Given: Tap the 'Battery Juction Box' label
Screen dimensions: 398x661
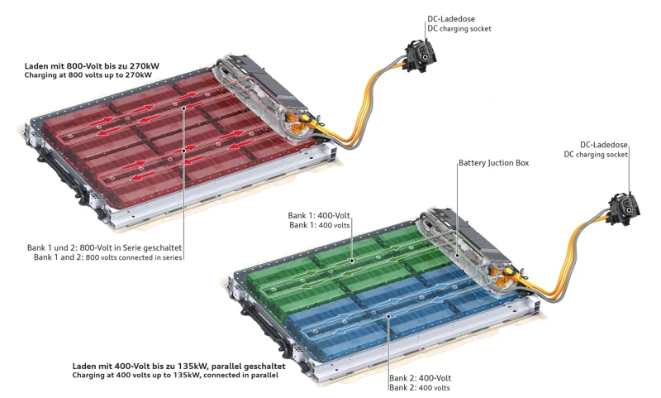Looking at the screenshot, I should click(x=493, y=164).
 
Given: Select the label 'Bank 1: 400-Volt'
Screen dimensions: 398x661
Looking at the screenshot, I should click(x=320, y=215).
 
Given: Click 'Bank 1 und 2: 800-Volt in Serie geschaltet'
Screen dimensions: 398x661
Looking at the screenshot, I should click(x=104, y=247).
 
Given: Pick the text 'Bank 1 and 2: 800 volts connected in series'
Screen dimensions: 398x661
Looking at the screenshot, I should click(x=108, y=257).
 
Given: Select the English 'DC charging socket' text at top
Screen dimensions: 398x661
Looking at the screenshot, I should click(x=459, y=29).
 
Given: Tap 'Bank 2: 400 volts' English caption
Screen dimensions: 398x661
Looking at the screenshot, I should click(x=420, y=388).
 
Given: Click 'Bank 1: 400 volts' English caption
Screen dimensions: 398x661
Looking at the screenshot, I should click(x=321, y=225).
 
